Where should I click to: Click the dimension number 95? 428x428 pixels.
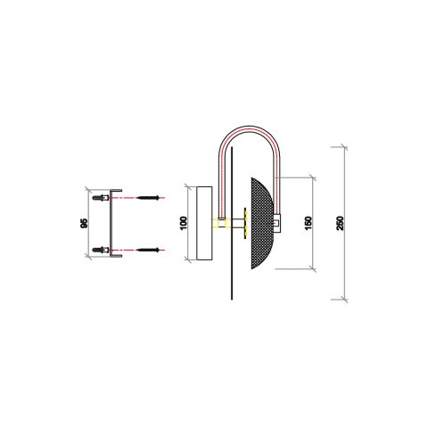[84, 223]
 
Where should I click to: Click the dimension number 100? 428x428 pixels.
[184, 223]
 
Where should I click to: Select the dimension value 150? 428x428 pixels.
[308, 222]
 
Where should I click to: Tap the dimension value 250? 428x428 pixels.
[339, 222]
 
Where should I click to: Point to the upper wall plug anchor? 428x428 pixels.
[109, 195]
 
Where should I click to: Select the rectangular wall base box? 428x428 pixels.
[203, 223]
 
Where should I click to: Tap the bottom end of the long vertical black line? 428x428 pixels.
[230, 298]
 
